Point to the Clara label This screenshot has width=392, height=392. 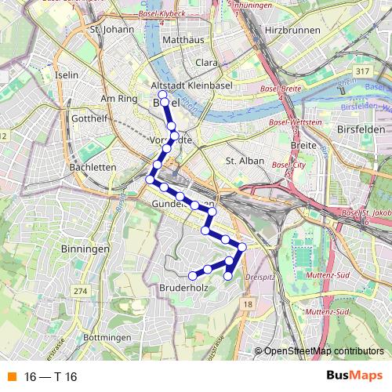click(x=206, y=62)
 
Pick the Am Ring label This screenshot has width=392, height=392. click(x=119, y=100)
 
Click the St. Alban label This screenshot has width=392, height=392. click(x=241, y=161)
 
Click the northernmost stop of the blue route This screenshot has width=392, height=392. click(x=162, y=94)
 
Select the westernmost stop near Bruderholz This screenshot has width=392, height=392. click(x=192, y=275)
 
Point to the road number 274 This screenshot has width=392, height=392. click(x=80, y=291)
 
